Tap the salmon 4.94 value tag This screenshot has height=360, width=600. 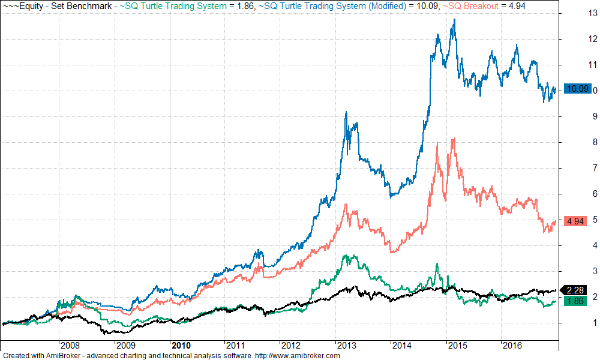coord(575,221)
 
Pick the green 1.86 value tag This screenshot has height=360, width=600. coord(576,301)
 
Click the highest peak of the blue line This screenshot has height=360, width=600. coord(454,19)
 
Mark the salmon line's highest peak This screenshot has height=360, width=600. coord(454,139)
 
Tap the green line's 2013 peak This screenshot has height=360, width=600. coord(344,256)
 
